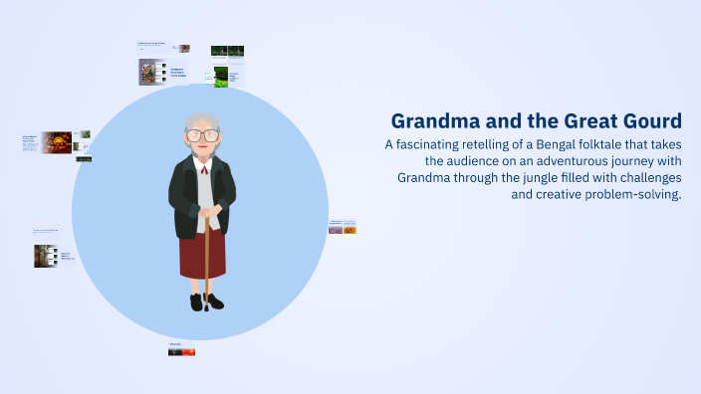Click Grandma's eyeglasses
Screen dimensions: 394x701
point(202,134)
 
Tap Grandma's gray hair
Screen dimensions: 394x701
point(202,120)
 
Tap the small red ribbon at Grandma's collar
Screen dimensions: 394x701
point(203,169)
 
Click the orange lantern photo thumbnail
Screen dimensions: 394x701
point(56,142)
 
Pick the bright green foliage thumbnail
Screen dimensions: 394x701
point(221,77)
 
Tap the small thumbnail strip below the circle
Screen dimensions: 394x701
point(181,351)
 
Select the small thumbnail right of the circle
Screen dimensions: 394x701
point(343,229)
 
